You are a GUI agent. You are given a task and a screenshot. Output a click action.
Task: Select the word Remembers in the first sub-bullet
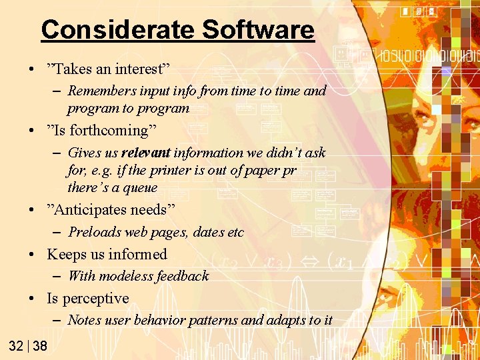[x=99, y=91]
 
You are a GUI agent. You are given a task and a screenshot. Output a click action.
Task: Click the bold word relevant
[x=146, y=153]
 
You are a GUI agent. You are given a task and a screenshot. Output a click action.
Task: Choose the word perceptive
[x=96, y=299]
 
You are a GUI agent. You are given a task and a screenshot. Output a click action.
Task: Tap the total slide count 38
[x=40, y=345]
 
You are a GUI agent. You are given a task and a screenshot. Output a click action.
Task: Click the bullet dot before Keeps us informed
[x=33, y=255]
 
